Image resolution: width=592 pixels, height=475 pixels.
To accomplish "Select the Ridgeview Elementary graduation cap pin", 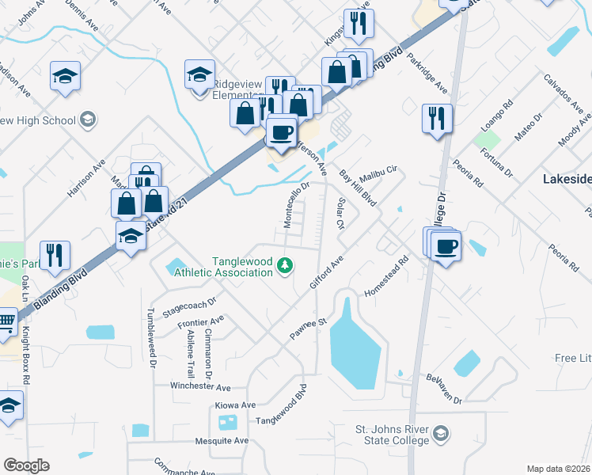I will tap(199, 75).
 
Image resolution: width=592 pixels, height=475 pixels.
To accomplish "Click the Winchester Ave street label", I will tap(200, 387).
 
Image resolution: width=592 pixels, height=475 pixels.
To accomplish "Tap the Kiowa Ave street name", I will tap(235, 405).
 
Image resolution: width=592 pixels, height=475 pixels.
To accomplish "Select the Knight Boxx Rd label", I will tap(25, 355).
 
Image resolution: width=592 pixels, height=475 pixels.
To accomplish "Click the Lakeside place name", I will tap(567, 180).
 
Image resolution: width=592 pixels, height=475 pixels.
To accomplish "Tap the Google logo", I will tap(26, 465).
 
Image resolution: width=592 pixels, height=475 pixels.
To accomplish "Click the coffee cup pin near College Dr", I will tap(446, 246).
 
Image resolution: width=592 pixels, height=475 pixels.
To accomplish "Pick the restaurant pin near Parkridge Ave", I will tap(437, 119).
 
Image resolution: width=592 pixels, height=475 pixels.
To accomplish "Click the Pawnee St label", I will tap(308, 329).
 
